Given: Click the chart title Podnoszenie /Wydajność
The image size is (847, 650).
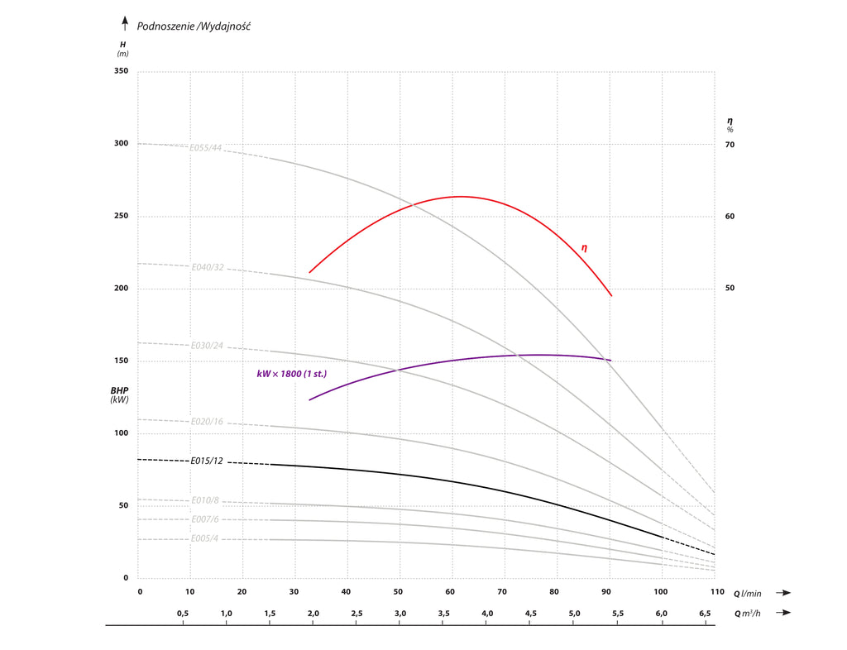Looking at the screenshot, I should [194, 26].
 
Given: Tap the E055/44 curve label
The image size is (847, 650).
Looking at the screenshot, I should [206, 148].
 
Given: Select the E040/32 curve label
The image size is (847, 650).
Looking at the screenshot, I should [208, 267].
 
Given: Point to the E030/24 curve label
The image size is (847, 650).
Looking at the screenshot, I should [207, 345].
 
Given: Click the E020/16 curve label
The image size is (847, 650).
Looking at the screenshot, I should [207, 422].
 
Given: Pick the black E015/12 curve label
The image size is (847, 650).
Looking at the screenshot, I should [207, 461].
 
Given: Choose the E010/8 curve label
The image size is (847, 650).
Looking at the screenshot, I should [204, 500].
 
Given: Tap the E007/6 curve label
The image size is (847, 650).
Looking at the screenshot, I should [204, 519].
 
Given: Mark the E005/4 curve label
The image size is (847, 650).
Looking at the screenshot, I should [204, 538].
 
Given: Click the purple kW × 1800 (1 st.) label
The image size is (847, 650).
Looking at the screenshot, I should [291, 374].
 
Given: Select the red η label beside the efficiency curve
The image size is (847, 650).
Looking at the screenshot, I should [584, 247].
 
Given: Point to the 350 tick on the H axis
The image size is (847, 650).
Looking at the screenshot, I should [121, 72].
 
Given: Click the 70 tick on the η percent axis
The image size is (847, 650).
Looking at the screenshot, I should [730, 145].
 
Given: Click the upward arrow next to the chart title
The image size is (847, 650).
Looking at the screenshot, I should [125, 23].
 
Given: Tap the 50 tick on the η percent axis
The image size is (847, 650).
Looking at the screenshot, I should [730, 289].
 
